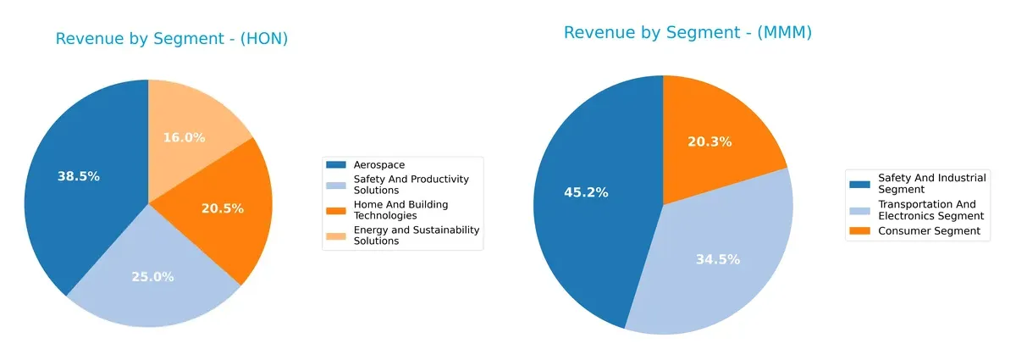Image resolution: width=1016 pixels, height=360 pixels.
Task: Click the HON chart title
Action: [x=172, y=39]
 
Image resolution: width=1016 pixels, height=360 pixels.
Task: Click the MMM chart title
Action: [x=687, y=33]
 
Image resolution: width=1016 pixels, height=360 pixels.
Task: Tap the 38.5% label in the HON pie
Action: [x=78, y=176]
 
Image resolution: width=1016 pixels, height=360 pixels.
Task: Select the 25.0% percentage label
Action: [x=152, y=276]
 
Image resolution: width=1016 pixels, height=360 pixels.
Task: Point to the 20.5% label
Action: [x=223, y=208]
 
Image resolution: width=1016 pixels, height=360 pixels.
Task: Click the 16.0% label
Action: [x=184, y=137]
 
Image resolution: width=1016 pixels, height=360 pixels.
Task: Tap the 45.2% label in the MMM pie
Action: [x=585, y=192]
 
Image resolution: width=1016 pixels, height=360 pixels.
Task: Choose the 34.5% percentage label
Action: [x=718, y=259]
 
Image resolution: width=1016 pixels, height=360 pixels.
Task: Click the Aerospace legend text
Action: [x=379, y=164]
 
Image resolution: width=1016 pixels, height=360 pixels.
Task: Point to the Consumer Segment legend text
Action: [x=929, y=230]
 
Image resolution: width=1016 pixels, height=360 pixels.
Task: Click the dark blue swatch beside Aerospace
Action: [x=336, y=164]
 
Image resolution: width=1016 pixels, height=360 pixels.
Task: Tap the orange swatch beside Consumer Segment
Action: [x=859, y=230]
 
